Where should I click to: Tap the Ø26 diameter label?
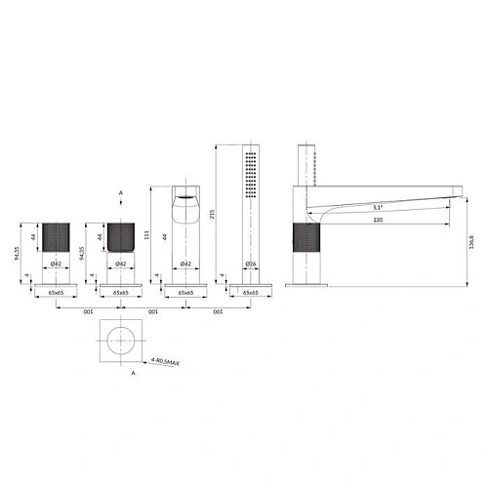tap(251, 264)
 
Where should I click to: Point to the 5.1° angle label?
tap(377, 208)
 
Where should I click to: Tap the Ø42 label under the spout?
tap(185, 264)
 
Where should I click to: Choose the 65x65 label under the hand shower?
tap(251, 292)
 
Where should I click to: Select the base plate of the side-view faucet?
tap(305, 285)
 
